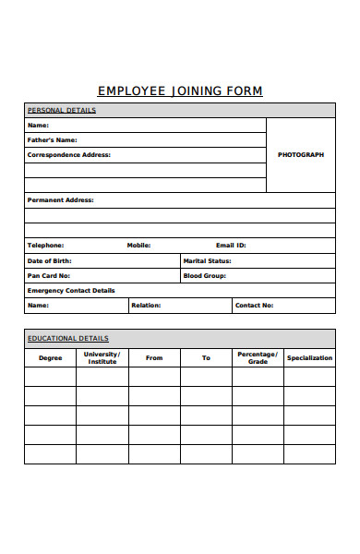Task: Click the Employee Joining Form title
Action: [x=180, y=91]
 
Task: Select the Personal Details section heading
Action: [x=62, y=111]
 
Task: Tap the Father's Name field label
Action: [x=53, y=140]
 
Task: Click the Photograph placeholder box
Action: [x=301, y=155]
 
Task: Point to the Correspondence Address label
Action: [x=69, y=155]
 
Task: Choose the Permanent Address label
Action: [x=61, y=199]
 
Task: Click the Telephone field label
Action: [x=46, y=246]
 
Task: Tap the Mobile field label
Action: [x=138, y=246]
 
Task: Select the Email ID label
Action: [x=231, y=246]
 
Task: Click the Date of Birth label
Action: [x=51, y=260]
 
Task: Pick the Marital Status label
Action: [x=207, y=260]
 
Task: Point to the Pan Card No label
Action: [x=49, y=275]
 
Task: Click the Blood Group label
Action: [x=204, y=275]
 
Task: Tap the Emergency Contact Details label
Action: [x=72, y=290]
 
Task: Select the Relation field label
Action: [x=146, y=305]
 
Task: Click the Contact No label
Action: [x=254, y=305]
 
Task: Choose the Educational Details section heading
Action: [x=68, y=338]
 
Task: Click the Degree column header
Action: [x=51, y=357]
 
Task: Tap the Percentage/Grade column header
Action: [x=258, y=357]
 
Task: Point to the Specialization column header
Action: [x=309, y=357]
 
